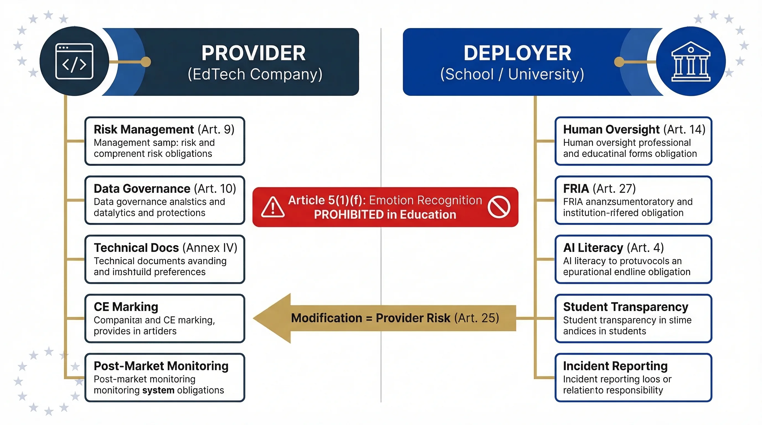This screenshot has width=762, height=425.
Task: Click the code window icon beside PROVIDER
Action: [x=74, y=61]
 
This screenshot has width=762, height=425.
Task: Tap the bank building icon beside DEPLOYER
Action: [x=691, y=61]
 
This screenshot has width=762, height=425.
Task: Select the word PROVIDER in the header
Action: [x=254, y=53]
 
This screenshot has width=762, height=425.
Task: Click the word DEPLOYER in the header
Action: [x=517, y=53]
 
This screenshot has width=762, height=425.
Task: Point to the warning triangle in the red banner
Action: [x=273, y=207]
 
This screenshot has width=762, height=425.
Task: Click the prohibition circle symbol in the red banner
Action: [x=499, y=207]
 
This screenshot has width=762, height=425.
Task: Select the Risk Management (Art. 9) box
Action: [x=165, y=141]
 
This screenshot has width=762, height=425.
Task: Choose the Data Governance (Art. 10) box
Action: [x=165, y=200]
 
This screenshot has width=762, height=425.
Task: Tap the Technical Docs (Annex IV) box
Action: [x=165, y=259]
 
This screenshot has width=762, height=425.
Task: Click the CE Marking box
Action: [x=165, y=318]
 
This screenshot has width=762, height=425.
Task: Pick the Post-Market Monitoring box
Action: [x=165, y=377]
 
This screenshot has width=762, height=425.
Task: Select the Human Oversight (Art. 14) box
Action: [x=633, y=141]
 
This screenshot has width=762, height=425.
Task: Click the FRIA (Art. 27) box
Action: [x=633, y=200]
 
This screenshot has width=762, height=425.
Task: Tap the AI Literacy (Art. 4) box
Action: [x=633, y=259]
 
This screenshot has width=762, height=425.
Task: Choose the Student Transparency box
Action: [x=633, y=318]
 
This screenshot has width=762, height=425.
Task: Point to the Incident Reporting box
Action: [x=633, y=377]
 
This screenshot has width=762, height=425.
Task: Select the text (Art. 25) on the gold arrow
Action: [x=477, y=318]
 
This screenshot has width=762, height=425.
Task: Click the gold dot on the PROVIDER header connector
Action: [x=146, y=62]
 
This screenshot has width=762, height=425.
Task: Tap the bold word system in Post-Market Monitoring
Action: [x=158, y=390]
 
